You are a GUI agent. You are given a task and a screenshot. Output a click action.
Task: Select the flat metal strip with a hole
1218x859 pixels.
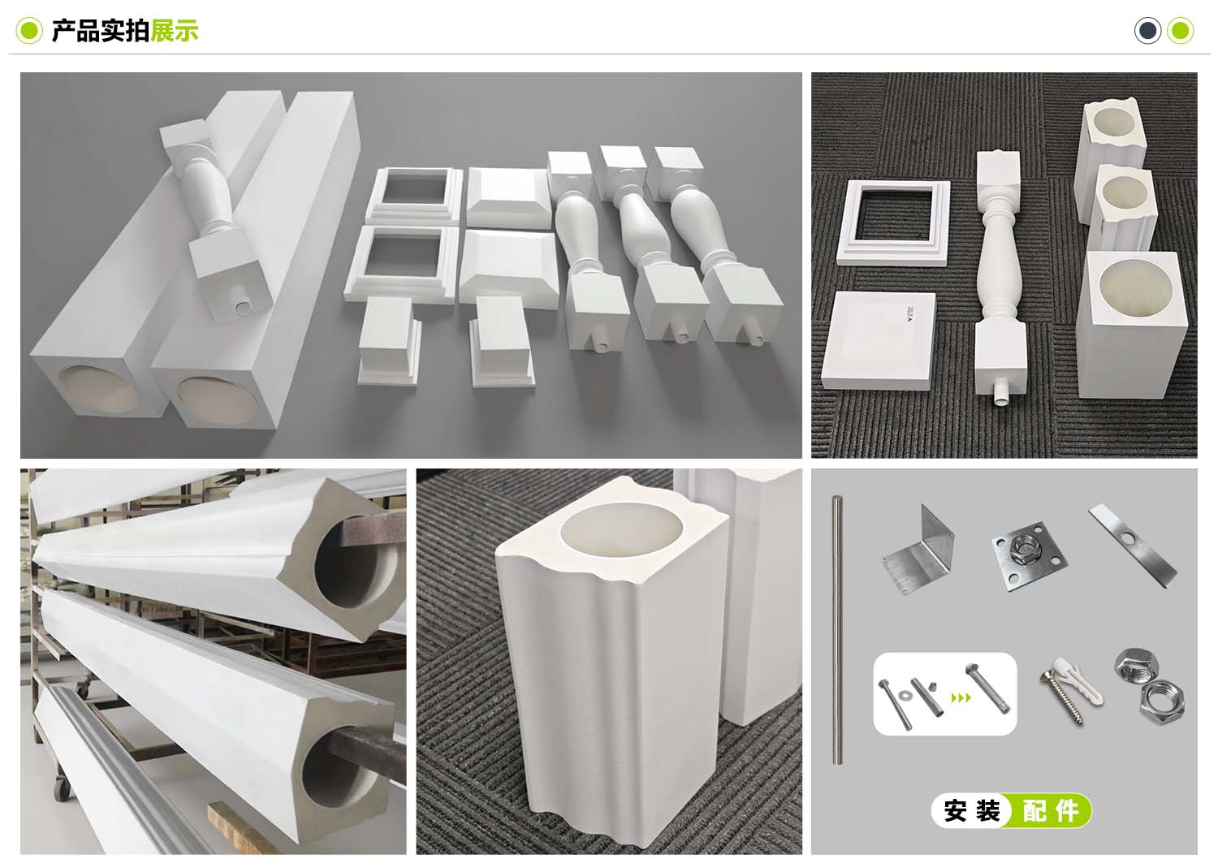(1133, 546)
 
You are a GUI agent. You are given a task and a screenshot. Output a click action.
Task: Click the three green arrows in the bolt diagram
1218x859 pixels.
(961, 697)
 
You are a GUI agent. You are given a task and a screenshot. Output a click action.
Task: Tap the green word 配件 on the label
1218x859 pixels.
(1051, 811)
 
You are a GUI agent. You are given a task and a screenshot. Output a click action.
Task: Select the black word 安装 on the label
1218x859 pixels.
(972, 811)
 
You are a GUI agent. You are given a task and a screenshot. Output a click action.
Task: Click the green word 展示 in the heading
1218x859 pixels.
(175, 30)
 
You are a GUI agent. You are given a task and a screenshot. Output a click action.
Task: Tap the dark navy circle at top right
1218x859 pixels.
(1148, 30)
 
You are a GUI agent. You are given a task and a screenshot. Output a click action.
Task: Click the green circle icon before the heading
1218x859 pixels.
(29, 30)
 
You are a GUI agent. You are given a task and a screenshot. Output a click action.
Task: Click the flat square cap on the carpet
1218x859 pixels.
(879, 341)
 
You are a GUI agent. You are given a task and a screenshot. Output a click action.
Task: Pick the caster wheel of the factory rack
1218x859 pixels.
(62, 787)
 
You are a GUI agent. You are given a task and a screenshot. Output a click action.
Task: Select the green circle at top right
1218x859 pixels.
(1181, 30)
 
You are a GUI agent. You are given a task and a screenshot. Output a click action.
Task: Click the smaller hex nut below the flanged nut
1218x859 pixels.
(1161, 702)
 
